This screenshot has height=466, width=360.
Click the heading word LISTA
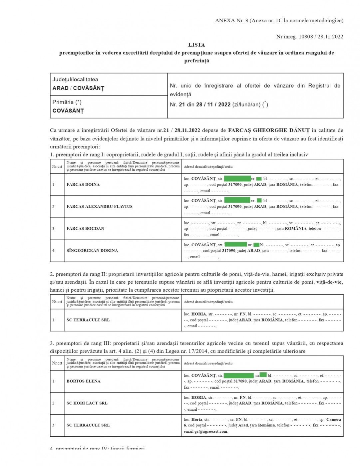196,45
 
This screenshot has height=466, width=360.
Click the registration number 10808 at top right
306,37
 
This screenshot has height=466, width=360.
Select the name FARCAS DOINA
83,184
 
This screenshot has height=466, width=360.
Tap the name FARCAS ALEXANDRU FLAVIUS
99,206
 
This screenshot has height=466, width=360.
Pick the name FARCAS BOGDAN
85,228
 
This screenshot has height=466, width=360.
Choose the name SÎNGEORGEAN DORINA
92,250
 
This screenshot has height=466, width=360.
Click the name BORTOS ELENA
83,381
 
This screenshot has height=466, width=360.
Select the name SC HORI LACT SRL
87,403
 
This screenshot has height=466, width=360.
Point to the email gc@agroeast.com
211,431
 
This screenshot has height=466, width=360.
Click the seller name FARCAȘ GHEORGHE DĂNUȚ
269,130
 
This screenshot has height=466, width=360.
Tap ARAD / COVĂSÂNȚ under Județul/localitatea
78,88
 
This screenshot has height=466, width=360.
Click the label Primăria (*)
67,102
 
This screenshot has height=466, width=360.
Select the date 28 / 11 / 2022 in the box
213,105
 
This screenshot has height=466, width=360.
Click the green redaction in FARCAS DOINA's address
237,179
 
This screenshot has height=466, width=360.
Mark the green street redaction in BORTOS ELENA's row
238,375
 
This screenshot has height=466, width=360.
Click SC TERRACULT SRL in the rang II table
88,320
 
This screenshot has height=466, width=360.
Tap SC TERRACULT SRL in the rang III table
88,425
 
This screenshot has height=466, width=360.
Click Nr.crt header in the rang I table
57,166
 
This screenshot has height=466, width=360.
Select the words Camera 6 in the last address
333,420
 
